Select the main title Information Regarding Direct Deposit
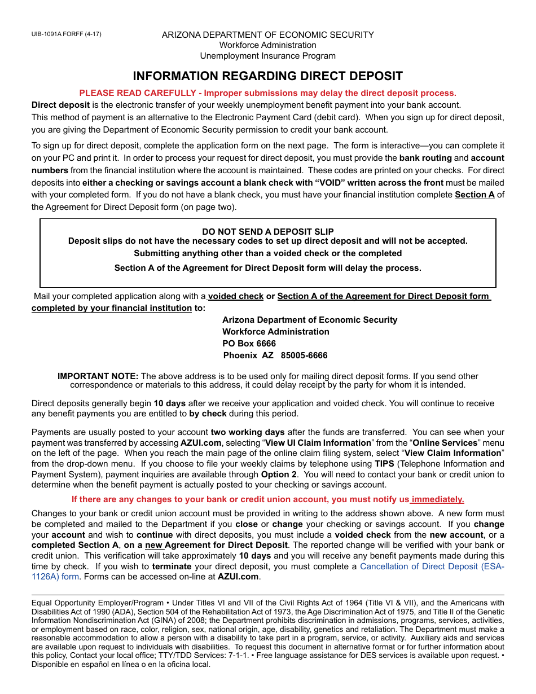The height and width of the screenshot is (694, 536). click(267, 76)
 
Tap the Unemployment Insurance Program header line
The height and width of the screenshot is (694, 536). click(267, 56)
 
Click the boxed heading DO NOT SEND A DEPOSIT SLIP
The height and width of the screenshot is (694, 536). click(267, 231)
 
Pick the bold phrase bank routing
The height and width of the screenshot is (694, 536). click(425, 158)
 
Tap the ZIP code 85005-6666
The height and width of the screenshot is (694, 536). click(304, 355)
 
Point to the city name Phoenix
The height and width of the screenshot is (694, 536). click(240, 355)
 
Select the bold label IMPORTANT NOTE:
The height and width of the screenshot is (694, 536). click(98, 376)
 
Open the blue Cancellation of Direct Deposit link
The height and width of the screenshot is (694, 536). click(432, 566)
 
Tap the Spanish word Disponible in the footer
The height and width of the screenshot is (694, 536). click(50, 664)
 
